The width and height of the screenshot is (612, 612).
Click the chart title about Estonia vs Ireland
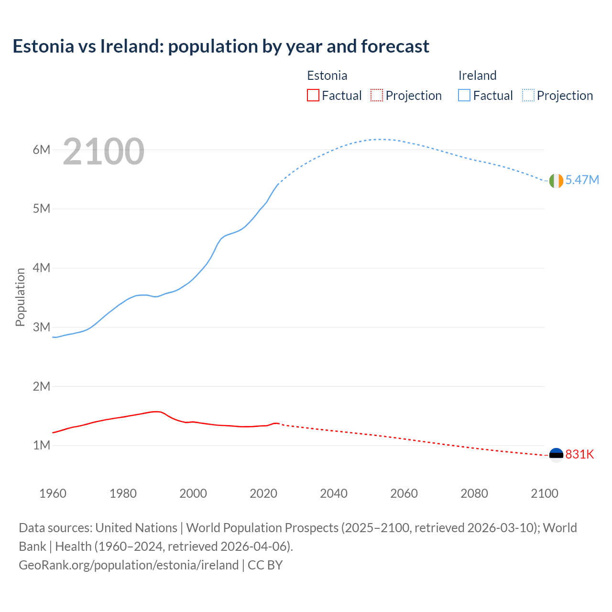pyautogui.click(x=221, y=46)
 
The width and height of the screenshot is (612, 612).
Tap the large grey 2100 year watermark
pyautogui.click(x=103, y=152)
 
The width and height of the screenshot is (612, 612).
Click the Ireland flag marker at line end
pyautogui.click(x=556, y=181)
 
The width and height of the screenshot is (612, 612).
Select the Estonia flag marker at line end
pyautogui.click(x=556, y=455)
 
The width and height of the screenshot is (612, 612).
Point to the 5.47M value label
pyautogui.click(x=582, y=180)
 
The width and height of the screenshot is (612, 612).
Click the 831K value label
pyautogui.click(x=579, y=455)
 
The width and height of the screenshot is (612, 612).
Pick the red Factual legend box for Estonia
pyautogui.click(x=313, y=96)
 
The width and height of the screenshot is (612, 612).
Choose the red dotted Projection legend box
pyautogui.click(x=377, y=96)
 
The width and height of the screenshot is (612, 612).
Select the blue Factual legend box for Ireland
pyautogui.click(x=464, y=96)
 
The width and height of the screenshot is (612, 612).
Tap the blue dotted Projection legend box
pyautogui.click(x=528, y=96)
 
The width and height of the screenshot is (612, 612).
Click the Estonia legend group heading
pyautogui.click(x=327, y=76)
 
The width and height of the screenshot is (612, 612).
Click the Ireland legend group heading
pyautogui.click(x=477, y=76)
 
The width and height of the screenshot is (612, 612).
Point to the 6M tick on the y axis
pyautogui.click(x=42, y=150)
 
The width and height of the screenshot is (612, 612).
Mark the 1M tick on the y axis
pyautogui.click(x=42, y=446)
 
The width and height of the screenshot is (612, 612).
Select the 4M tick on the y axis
pyautogui.click(x=42, y=268)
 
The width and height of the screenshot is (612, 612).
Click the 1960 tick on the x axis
pyautogui.click(x=53, y=493)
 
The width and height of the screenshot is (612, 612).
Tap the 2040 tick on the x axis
pyautogui.click(x=334, y=493)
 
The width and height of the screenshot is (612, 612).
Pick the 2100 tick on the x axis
pyautogui.click(x=545, y=493)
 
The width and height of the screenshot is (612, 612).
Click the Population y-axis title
pyautogui.click(x=20, y=297)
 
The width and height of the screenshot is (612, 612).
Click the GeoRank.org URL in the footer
pyautogui.click(x=129, y=565)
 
